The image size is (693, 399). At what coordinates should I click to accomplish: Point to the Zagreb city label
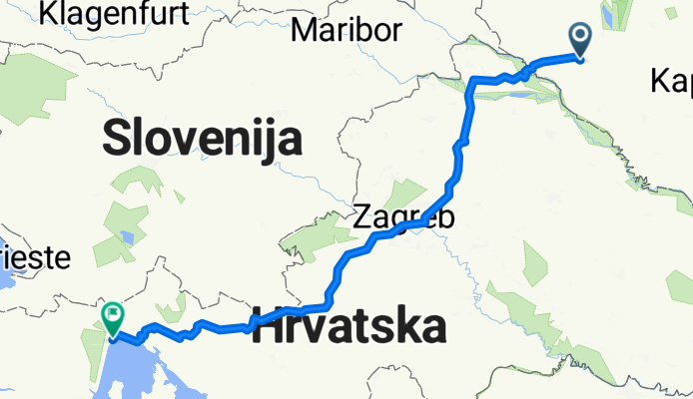point(403,216)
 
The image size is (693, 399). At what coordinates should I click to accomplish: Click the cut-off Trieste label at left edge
point(35,257)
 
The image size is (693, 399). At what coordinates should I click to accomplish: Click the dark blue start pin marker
point(582,40)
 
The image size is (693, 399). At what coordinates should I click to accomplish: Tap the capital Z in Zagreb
point(364,216)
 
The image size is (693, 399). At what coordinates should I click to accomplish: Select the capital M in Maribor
point(302,30)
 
